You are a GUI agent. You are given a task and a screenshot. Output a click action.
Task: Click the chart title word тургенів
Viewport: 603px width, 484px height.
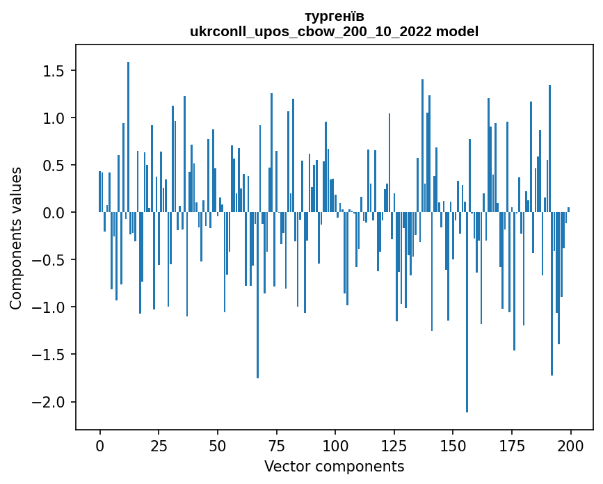[x=334, y=16]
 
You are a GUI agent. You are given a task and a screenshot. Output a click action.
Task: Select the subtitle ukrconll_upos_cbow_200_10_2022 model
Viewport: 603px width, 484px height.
[x=334, y=31]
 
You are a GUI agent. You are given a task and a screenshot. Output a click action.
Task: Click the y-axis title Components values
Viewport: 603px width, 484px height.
[x=16, y=238]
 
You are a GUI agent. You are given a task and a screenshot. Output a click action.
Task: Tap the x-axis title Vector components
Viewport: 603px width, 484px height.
[x=334, y=466]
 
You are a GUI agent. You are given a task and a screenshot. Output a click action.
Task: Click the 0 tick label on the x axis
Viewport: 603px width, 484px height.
[x=99, y=444]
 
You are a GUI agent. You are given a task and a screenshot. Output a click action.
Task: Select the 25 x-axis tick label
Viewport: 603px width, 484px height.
[x=159, y=444]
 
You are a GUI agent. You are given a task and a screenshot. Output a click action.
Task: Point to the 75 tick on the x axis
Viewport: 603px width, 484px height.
[x=276, y=444]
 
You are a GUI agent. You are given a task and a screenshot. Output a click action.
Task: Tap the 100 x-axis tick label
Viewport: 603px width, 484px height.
[x=335, y=444]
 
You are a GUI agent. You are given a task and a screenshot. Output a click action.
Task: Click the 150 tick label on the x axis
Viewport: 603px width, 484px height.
[x=453, y=444]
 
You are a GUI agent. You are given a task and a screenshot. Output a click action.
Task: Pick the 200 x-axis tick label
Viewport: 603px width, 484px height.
[x=570, y=444]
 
